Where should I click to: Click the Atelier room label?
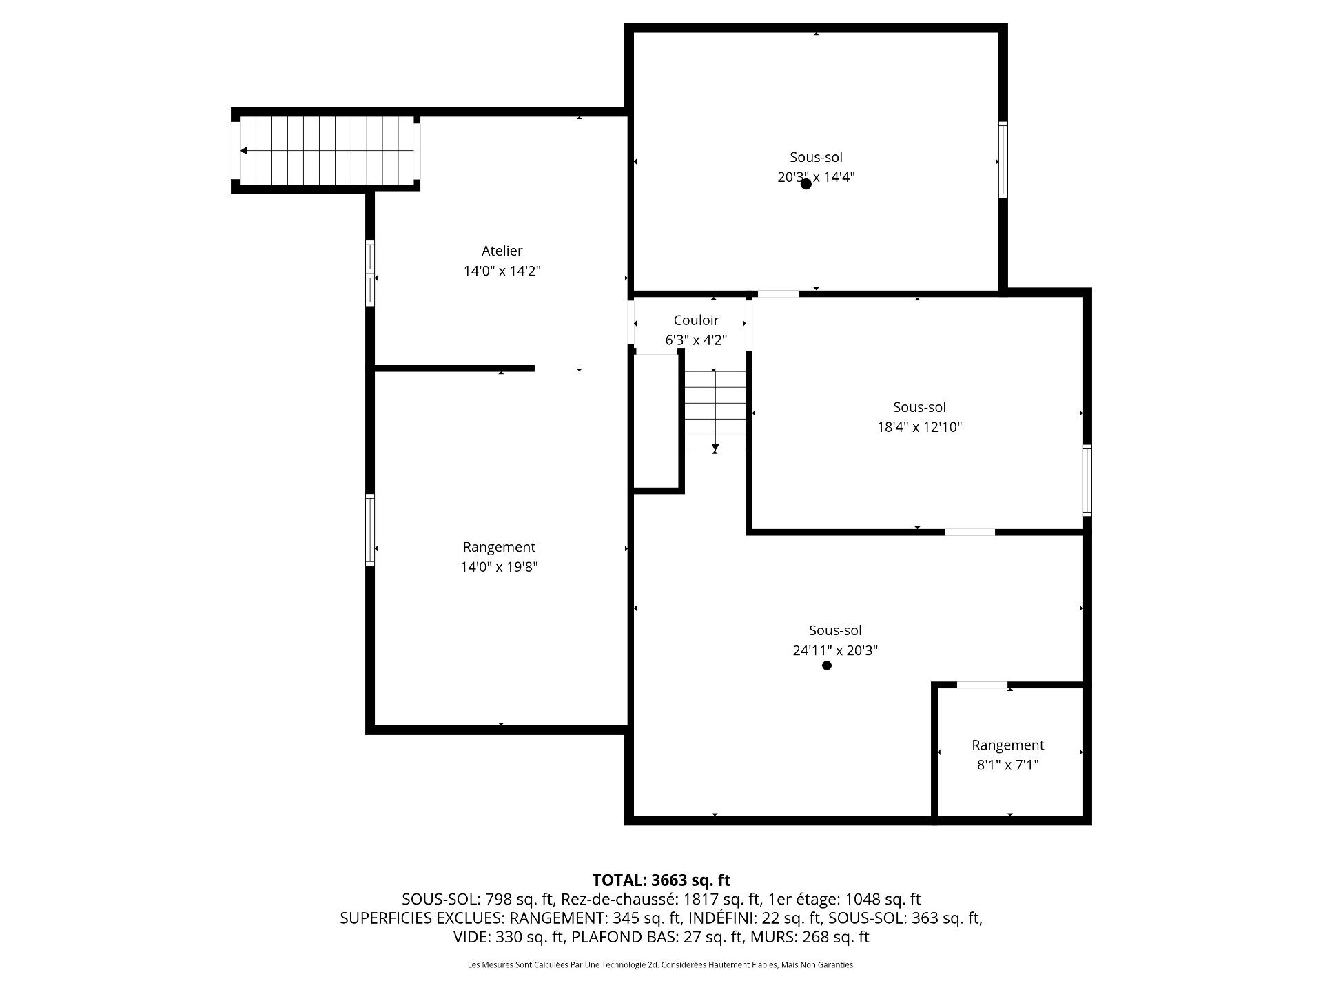(502, 251)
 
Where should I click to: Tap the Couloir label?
(696, 320)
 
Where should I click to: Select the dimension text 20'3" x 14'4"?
(816, 177)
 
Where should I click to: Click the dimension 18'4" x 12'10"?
(919, 427)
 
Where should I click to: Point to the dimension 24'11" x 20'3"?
(835, 650)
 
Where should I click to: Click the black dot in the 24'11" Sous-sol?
(827, 665)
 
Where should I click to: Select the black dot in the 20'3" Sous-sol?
(806, 184)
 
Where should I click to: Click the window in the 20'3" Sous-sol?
(1003, 160)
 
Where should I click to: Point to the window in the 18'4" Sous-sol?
(1087, 480)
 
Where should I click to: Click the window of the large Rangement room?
(370, 530)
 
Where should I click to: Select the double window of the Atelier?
(370, 273)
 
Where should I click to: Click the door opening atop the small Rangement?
(982, 685)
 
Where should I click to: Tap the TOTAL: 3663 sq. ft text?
(661, 880)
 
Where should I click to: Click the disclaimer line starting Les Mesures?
(661, 965)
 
